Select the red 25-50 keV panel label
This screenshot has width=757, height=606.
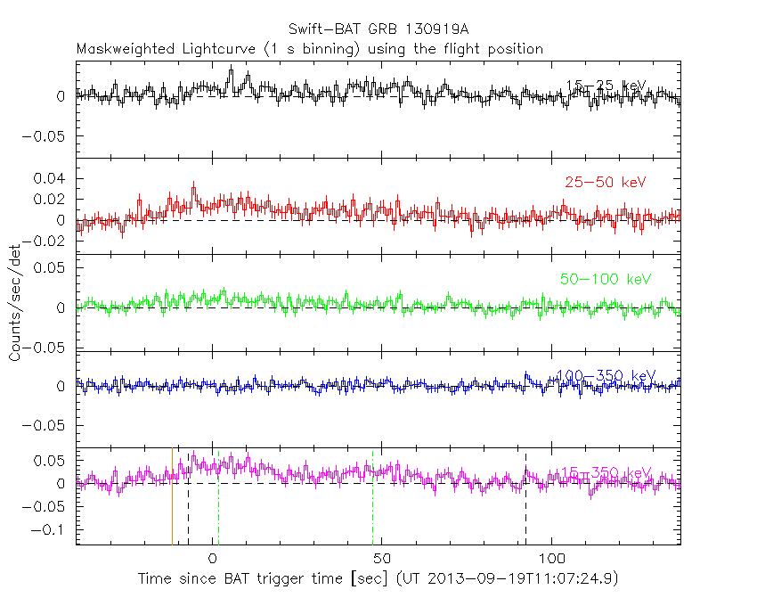605,182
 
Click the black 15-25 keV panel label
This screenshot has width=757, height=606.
605,86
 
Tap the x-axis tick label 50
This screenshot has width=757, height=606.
382,558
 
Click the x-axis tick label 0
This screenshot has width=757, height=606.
212,558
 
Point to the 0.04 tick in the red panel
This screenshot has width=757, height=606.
50,179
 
